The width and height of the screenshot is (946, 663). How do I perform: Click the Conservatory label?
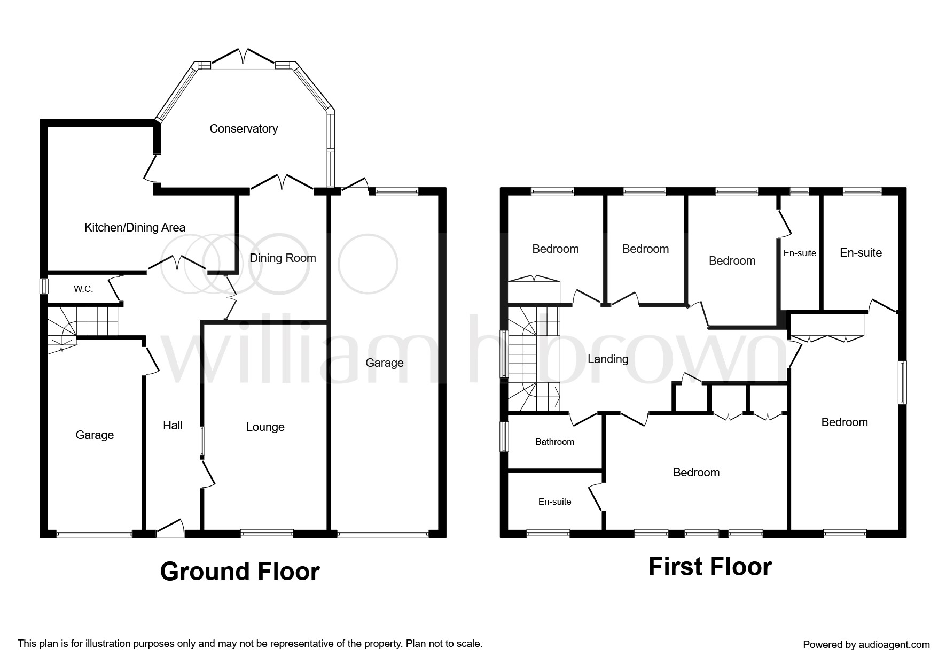(x=244, y=128)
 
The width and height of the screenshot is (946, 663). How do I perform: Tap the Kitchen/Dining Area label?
(x=135, y=227)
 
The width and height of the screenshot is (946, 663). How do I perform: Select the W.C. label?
(x=83, y=289)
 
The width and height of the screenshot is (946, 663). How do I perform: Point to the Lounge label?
(x=265, y=427)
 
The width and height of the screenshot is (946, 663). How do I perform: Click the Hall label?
(x=173, y=425)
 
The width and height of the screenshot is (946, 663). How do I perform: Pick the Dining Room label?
(x=283, y=258)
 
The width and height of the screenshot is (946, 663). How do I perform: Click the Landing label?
(x=608, y=359)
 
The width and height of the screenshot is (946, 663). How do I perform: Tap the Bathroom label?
(x=554, y=442)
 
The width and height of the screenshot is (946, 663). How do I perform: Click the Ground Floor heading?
(x=240, y=572)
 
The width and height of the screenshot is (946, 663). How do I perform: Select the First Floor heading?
(x=710, y=567)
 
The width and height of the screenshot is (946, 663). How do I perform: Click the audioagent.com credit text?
(x=866, y=645)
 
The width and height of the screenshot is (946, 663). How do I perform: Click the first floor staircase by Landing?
(x=533, y=359)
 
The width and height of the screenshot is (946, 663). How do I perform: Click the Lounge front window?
(x=267, y=533)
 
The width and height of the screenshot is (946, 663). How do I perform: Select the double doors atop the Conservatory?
(x=244, y=56)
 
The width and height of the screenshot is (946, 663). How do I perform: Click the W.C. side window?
(x=44, y=286)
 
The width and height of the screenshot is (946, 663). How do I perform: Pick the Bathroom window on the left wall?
(x=504, y=437)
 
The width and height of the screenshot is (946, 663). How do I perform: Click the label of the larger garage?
(x=385, y=363)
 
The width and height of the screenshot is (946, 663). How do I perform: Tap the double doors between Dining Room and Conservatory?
(x=282, y=182)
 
